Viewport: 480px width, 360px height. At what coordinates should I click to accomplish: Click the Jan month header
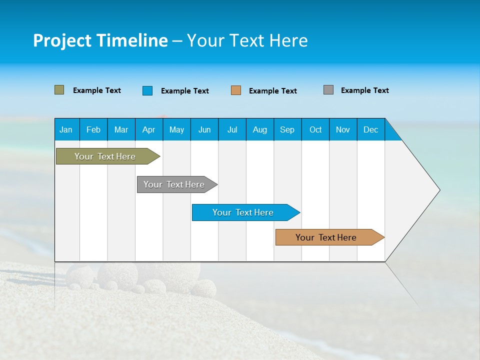click(66, 129)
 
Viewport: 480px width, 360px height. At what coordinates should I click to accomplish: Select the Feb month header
click(93, 129)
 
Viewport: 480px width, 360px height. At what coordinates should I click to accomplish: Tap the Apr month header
click(148, 129)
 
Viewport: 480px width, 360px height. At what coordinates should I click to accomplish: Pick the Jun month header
click(204, 129)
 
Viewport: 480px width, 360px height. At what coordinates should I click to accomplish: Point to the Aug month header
click(259, 129)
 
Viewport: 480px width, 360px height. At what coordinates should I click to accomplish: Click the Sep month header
click(287, 129)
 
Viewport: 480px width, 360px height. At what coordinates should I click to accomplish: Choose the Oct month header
click(315, 129)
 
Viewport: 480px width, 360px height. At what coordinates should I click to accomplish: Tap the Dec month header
click(370, 129)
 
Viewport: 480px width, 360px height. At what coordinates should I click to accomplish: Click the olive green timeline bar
click(105, 156)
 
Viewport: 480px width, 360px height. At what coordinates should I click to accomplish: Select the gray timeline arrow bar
click(174, 184)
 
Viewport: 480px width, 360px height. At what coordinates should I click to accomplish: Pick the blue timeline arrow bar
click(243, 212)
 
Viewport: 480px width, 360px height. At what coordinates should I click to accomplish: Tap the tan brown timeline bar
click(326, 237)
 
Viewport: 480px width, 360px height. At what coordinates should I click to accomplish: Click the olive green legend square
click(59, 90)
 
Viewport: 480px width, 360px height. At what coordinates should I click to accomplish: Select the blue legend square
click(147, 90)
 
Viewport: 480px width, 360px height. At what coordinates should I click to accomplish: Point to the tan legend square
click(236, 90)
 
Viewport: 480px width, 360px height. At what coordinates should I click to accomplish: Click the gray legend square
click(328, 90)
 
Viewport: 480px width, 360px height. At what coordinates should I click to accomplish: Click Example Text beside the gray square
click(364, 90)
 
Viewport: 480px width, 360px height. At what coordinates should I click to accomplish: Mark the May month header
click(176, 129)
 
